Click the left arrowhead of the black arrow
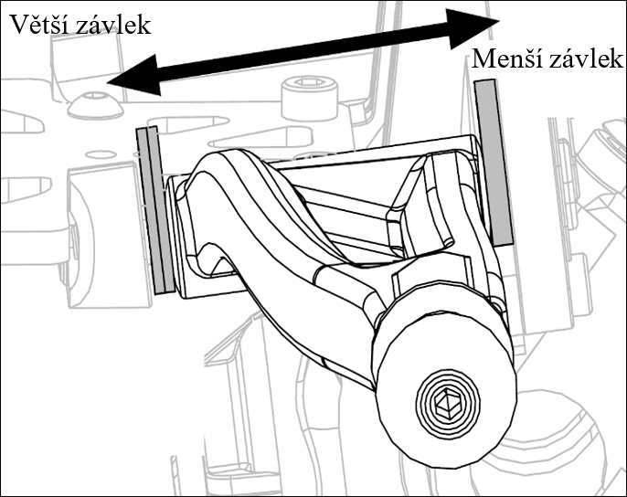click(134, 77)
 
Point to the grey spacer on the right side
click(493, 162)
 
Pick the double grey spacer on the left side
click(155, 210)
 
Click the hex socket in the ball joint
click(447, 404)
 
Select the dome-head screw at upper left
click(95, 104)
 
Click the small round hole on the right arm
click(448, 241)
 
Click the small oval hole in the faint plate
click(100, 153)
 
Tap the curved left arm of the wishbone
click(248, 224)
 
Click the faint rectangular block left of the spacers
click(108, 234)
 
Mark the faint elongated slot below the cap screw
click(260, 137)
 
